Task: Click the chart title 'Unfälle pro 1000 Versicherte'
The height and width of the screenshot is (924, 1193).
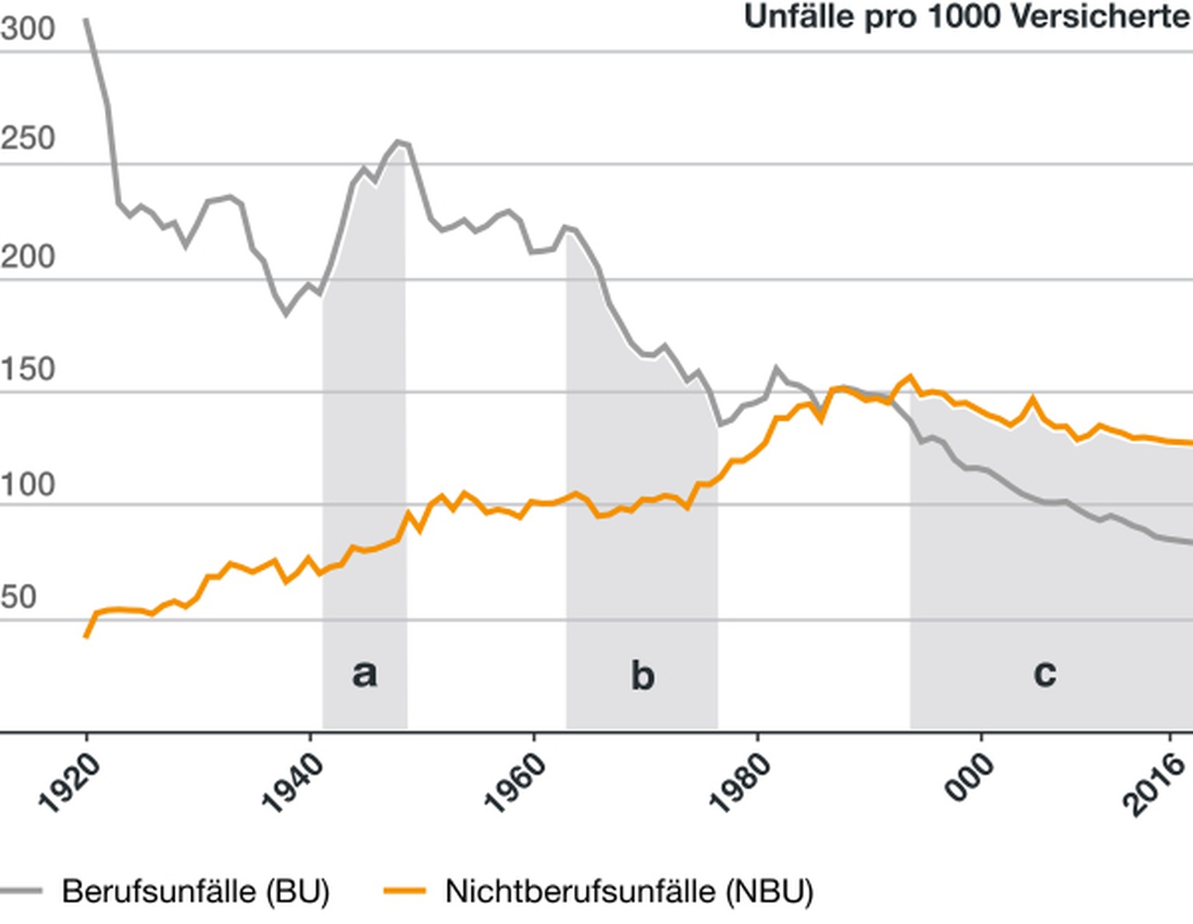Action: coord(967,16)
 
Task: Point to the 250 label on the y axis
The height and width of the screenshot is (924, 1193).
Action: coord(28,139)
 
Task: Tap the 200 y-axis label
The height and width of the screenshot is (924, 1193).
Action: coord(28,256)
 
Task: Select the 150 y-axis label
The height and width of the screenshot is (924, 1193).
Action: coord(28,370)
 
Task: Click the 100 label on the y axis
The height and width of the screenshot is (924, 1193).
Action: coord(28,485)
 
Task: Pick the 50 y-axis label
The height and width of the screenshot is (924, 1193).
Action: coord(19,597)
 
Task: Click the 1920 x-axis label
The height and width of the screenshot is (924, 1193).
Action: coord(70,783)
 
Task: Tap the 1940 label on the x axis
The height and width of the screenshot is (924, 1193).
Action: coord(293,783)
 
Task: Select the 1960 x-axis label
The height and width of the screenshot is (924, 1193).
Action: coord(516,783)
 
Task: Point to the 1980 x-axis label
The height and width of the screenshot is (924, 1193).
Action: coord(740,783)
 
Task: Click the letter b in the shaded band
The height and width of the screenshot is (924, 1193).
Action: coord(642,675)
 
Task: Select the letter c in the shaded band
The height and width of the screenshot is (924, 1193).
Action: coord(1045,672)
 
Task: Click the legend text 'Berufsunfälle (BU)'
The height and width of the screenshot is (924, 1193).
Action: coord(196,891)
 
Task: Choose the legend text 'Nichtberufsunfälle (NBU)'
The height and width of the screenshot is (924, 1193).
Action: coord(629,891)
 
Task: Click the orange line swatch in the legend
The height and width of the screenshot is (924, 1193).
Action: coord(405,891)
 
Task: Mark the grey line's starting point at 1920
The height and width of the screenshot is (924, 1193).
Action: coord(86,21)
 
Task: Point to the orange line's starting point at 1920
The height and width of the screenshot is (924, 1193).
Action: coord(86,636)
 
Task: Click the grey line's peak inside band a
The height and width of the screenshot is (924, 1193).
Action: coord(398,142)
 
